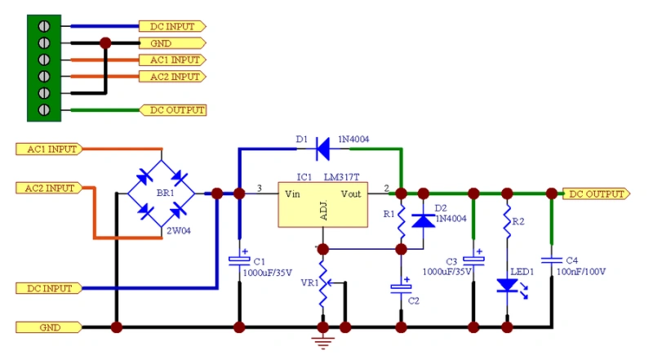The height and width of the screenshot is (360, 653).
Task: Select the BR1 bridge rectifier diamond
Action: click(161, 194)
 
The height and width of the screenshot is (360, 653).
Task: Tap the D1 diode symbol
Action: click(322, 148)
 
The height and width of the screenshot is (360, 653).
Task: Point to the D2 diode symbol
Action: click(423, 220)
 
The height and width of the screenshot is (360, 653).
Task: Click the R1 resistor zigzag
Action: click(401, 220)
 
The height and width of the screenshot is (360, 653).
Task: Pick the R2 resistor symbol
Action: click(507, 220)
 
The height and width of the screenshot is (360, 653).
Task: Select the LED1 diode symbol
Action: click(507, 285)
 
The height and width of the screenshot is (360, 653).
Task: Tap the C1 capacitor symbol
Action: click(239, 260)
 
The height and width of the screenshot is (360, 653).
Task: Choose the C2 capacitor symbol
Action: click(401, 287)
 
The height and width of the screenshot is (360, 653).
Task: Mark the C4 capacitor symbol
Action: click(552, 259)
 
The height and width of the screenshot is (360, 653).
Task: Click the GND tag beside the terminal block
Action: click(171, 43)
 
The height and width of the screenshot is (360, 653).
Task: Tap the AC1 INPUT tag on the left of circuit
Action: click(50, 149)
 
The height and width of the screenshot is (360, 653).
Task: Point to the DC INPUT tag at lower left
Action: click(50, 288)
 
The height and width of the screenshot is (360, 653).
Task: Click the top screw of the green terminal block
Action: click(44, 26)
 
